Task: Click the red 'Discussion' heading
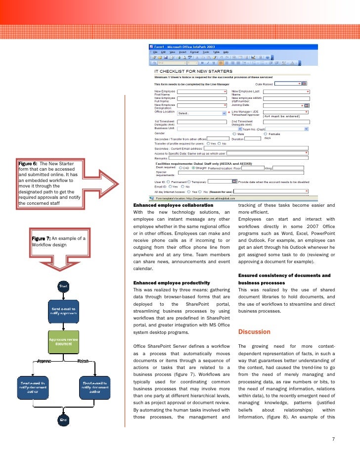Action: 254,331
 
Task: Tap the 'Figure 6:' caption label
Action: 28,164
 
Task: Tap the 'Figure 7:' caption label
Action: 41,238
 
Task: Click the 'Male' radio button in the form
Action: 234,134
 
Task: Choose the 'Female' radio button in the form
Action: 266,134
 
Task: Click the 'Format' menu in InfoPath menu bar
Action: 194,52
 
